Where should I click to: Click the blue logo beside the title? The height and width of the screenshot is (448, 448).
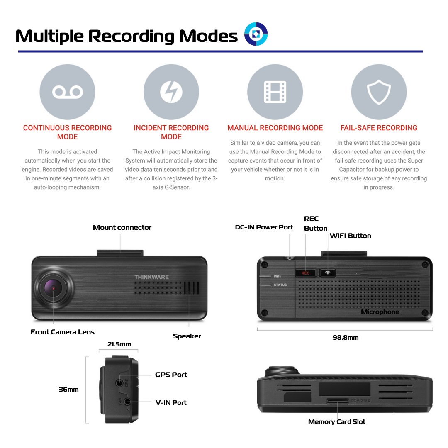[256, 34]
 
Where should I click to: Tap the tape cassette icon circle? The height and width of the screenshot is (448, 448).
[67, 92]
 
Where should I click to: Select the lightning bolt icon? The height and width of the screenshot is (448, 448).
[171, 92]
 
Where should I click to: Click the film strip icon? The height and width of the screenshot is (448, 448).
[275, 92]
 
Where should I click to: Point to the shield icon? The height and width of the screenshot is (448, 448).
[379, 92]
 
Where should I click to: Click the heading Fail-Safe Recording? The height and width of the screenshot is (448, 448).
[379, 128]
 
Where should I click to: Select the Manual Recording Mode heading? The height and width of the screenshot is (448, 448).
[275, 128]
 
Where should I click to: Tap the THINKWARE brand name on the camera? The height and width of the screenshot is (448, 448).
[151, 277]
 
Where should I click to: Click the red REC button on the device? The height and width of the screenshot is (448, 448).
[306, 273]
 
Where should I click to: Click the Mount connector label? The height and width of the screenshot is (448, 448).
[122, 227]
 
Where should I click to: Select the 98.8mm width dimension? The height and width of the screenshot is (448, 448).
[346, 338]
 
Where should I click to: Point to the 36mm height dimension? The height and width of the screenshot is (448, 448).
[68, 390]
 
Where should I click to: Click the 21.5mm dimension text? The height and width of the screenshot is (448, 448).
[119, 344]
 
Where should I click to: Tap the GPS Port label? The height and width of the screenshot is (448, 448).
[171, 375]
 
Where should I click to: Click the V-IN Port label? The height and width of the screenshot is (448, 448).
[171, 402]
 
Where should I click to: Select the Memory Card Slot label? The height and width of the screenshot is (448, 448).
[337, 422]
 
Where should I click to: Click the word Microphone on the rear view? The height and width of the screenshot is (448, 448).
[380, 312]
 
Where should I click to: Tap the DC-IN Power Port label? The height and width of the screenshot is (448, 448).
[264, 227]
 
